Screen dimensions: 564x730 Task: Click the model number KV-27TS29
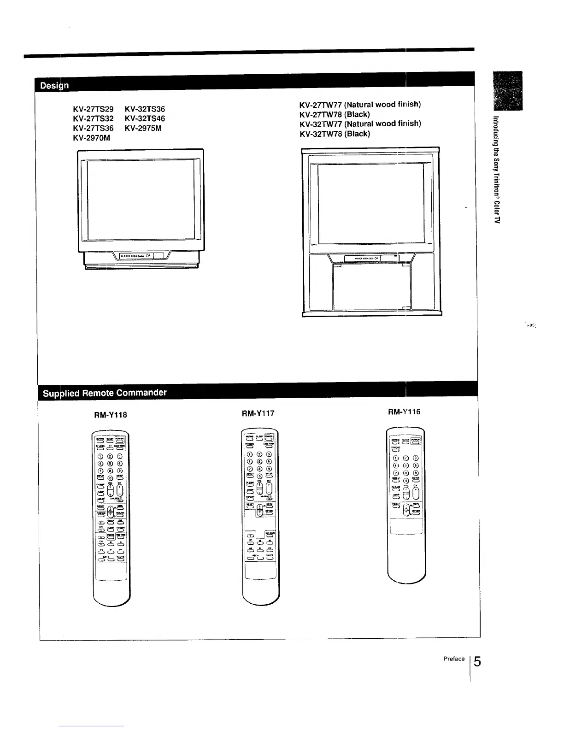click(x=93, y=109)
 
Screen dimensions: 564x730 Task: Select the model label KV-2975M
click(x=143, y=128)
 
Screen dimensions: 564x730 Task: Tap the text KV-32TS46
click(x=145, y=118)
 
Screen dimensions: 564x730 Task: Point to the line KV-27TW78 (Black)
click(x=335, y=114)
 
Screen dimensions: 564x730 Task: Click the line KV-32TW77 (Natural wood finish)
click(x=360, y=124)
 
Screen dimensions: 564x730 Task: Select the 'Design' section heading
click(x=54, y=86)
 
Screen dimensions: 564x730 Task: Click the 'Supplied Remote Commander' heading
click(x=105, y=393)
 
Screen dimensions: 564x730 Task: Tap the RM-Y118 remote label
click(x=111, y=415)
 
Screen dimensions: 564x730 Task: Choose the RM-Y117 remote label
click(x=258, y=413)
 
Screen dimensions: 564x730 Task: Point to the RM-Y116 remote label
click(x=404, y=412)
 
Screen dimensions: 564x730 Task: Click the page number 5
click(x=477, y=662)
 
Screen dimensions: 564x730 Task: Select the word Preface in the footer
click(x=453, y=659)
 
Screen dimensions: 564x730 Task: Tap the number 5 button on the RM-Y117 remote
click(x=259, y=461)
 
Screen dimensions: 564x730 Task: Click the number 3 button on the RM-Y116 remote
click(x=416, y=458)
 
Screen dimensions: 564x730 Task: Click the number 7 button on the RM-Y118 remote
click(x=100, y=471)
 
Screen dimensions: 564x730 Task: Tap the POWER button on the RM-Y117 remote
click(x=269, y=437)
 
